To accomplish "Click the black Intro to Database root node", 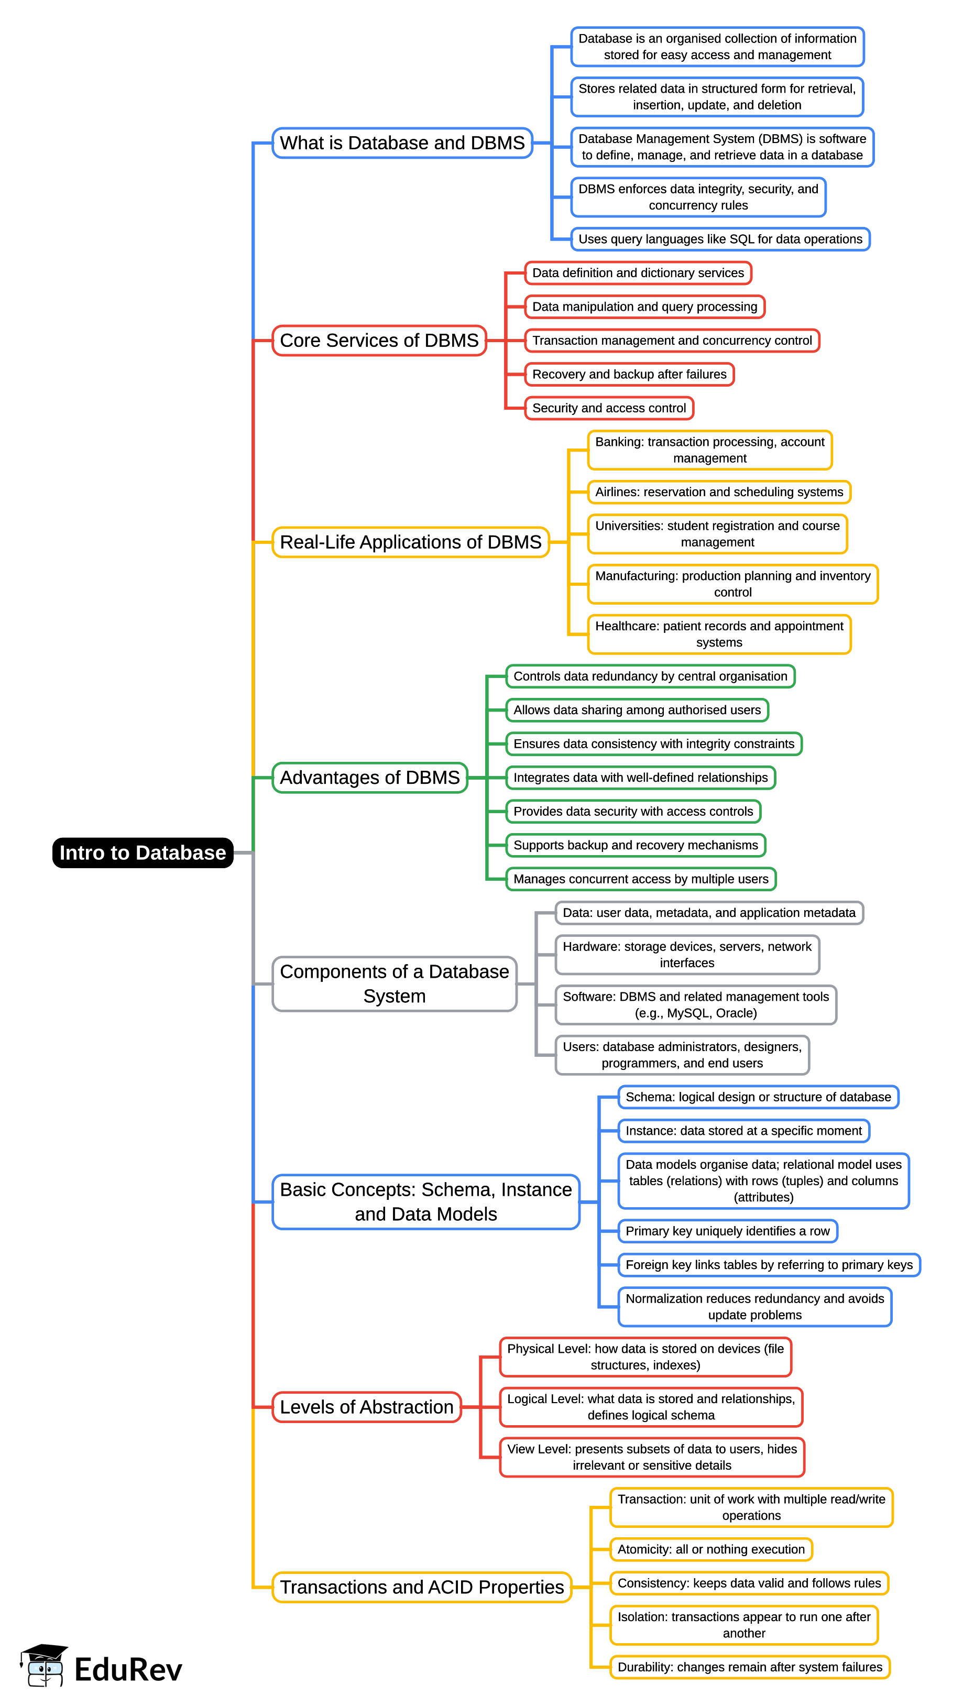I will (143, 852).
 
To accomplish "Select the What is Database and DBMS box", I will (402, 143).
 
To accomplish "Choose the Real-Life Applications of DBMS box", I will (410, 542).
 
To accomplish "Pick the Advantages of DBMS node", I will (369, 777).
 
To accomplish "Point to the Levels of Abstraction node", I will (367, 1406).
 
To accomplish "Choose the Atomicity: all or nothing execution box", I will (710, 1549).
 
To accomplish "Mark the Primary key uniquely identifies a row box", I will (727, 1231).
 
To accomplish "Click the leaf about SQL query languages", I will (720, 239).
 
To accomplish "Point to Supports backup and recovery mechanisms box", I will (636, 845).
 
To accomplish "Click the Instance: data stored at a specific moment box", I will (743, 1130).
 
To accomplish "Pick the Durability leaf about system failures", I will (749, 1667).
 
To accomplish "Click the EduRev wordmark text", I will (128, 1669).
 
